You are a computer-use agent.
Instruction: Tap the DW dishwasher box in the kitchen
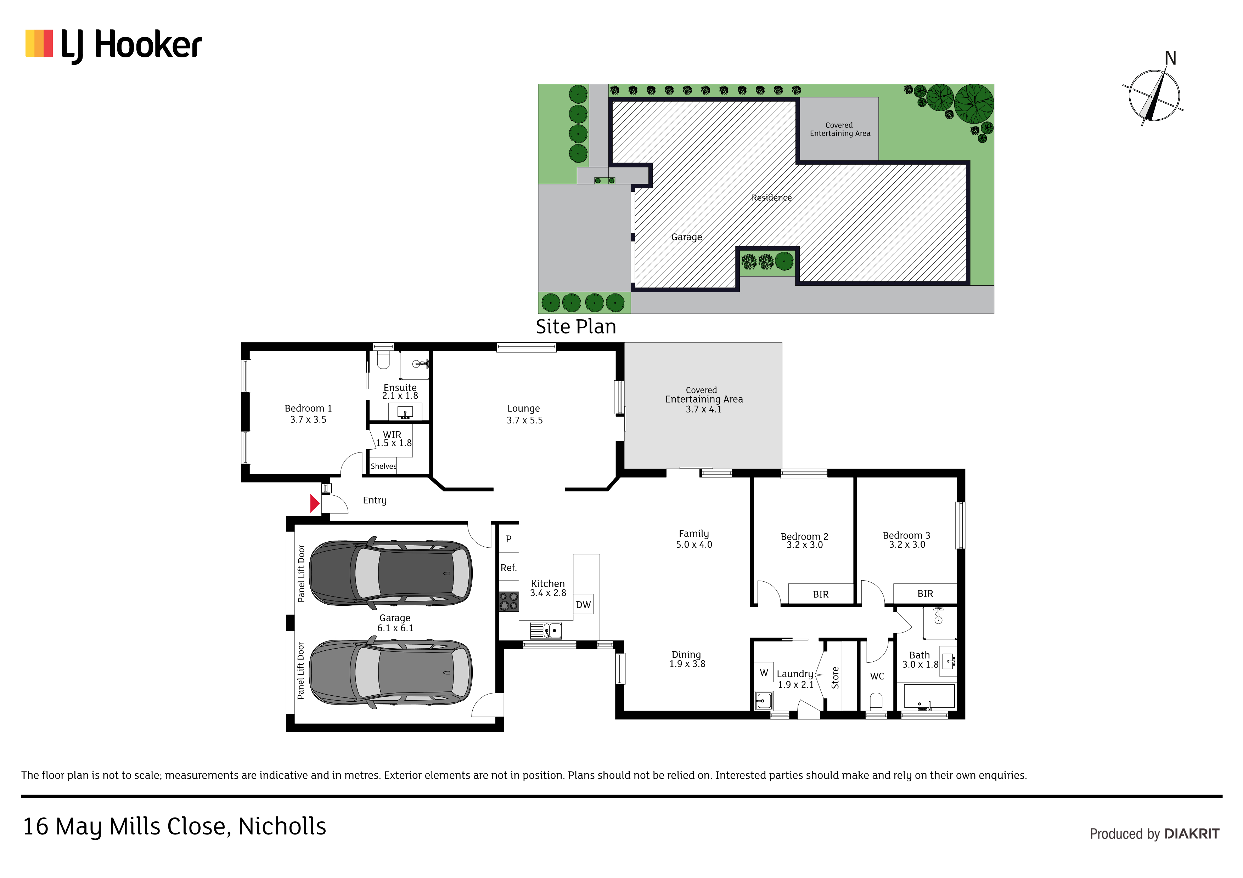(x=583, y=604)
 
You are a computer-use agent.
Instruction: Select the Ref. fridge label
(x=508, y=568)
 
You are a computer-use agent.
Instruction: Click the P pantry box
(x=508, y=539)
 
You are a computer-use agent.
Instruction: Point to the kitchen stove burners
(x=508, y=601)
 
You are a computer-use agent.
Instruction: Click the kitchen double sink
(x=546, y=630)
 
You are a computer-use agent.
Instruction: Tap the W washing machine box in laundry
(x=764, y=672)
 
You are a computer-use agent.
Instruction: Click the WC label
(x=877, y=676)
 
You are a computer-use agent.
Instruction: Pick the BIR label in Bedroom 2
(x=821, y=594)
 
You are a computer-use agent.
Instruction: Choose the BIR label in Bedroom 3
(x=925, y=593)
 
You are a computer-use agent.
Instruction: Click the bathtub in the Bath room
(x=926, y=697)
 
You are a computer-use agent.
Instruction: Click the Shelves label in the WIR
(x=383, y=466)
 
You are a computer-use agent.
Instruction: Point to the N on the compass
(x=1170, y=58)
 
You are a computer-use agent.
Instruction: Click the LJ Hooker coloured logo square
(x=39, y=43)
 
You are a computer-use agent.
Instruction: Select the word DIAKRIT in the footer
(x=1192, y=834)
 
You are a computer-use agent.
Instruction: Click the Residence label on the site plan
(x=771, y=198)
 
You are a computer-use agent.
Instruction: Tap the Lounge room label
(x=523, y=409)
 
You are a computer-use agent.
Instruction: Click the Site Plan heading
(x=576, y=327)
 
